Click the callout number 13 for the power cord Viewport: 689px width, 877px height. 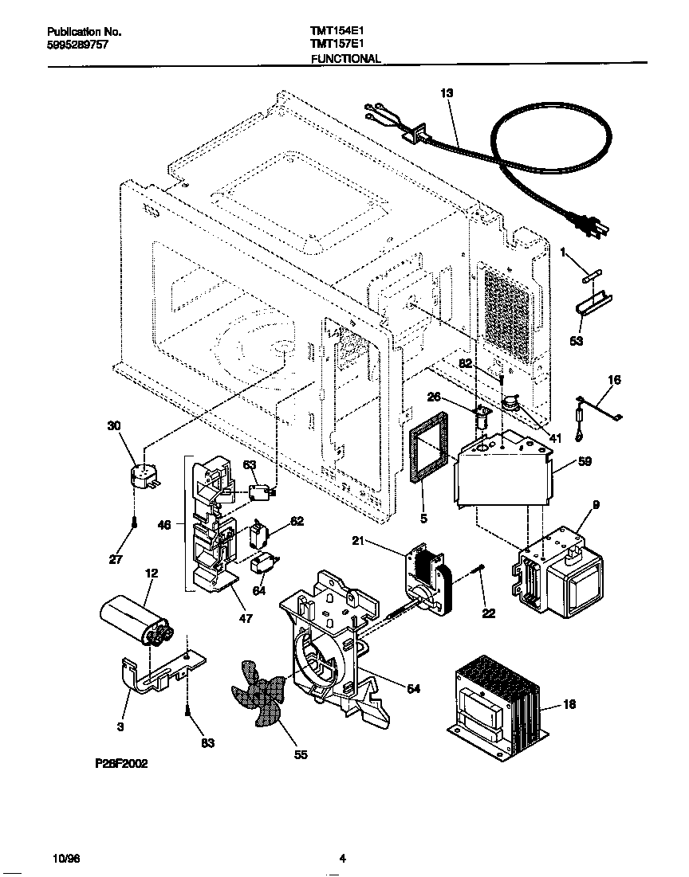coord(446,93)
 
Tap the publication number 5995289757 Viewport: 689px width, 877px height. coord(77,45)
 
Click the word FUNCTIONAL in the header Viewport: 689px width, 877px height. coord(345,59)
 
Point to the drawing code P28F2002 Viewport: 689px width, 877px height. coord(121,763)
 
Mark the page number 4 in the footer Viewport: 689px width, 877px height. coord(342,858)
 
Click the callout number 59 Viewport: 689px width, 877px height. coord(585,460)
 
